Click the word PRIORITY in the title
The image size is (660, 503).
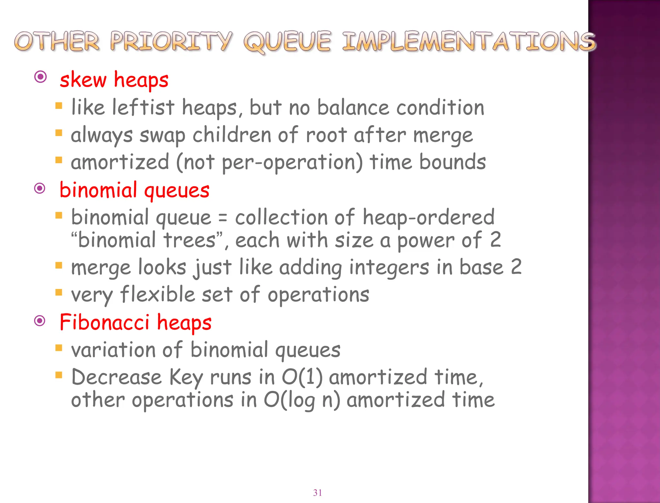[x=171, y=42]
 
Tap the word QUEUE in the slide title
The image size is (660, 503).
[x=287, y=42]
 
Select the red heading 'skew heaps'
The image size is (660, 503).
[x=114, y=80]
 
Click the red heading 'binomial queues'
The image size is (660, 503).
[x=134, y=190]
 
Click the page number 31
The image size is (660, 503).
[x=317, y=492]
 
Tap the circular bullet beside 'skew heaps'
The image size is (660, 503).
[x=41, y=77]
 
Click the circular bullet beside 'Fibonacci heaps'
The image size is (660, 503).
[x=40, y=321]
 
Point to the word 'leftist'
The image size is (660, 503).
[x=143, y=107]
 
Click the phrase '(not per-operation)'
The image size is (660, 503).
[x=269, y=162]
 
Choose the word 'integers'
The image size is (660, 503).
[x=389, y=268]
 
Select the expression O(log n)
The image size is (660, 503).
[x=302, y=400]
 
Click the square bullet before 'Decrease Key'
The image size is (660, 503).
[x=59, y=375]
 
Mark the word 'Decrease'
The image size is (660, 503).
[x=116, y=377]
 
